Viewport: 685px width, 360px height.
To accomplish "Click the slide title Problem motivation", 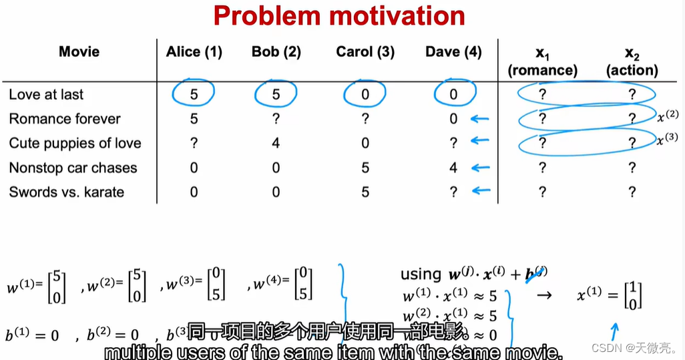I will click(339, 16).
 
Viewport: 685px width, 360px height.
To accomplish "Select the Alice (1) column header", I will click(194, 52).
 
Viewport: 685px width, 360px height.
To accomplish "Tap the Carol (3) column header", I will click(365, 52).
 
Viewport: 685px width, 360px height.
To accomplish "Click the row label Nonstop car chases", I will click(73, 168).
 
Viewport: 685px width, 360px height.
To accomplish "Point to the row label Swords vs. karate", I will click(66, 192).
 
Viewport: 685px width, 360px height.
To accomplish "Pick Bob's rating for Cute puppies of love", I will click(276, 144).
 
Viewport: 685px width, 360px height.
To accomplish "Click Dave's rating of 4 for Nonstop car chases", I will click(454, 168).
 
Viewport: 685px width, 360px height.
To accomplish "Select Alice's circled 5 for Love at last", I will click(194, 95).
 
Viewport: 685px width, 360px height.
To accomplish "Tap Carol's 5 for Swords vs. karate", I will click(365, 192).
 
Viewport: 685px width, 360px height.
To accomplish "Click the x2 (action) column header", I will click(632, 61).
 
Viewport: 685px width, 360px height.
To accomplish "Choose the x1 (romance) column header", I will click(542, 61).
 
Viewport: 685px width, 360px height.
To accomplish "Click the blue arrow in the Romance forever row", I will click(479, 120).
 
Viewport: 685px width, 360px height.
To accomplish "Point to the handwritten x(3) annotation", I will click(667, 141).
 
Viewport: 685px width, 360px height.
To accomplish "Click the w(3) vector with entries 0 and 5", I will click(195, 285).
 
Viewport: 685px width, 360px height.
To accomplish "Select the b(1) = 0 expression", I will click(31, 335).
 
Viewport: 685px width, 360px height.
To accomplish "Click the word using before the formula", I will click(421, 275).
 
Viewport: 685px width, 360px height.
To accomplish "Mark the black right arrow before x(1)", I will click(544, 294).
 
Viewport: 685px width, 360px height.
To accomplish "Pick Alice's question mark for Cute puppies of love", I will click(194, 144).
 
